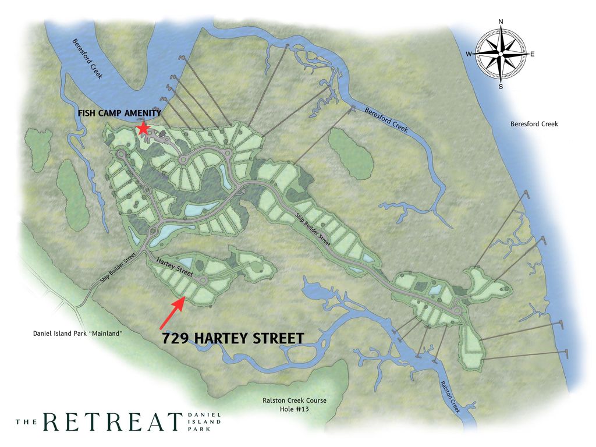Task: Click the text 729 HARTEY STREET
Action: [x=233, y=338]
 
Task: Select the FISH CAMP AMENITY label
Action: [x=119, y=113]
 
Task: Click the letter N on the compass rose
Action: [x=501, y=22]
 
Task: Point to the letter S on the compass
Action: [x=501, y=87]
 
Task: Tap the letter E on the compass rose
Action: [x=532, y=54]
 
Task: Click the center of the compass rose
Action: [x=501, y=54]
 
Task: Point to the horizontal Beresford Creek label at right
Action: [x=534, y=124]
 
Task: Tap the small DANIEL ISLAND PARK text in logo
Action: [x=204, y=422]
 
